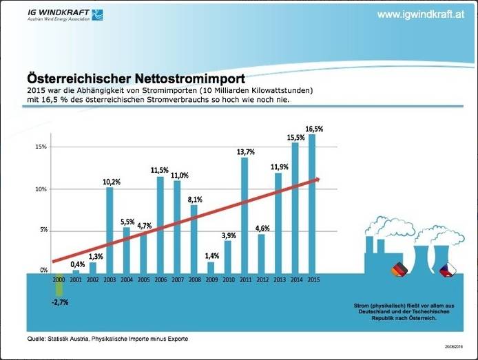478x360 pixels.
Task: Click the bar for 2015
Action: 312,203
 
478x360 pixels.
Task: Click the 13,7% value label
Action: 245,152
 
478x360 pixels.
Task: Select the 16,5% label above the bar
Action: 313,129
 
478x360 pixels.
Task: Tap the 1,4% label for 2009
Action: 211,256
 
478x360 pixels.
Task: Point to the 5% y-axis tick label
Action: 43,230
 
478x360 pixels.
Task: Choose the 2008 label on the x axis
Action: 194,279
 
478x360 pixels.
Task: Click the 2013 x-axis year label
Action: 278,279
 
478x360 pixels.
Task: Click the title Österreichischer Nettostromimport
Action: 136,78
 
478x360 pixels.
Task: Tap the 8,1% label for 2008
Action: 194,200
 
